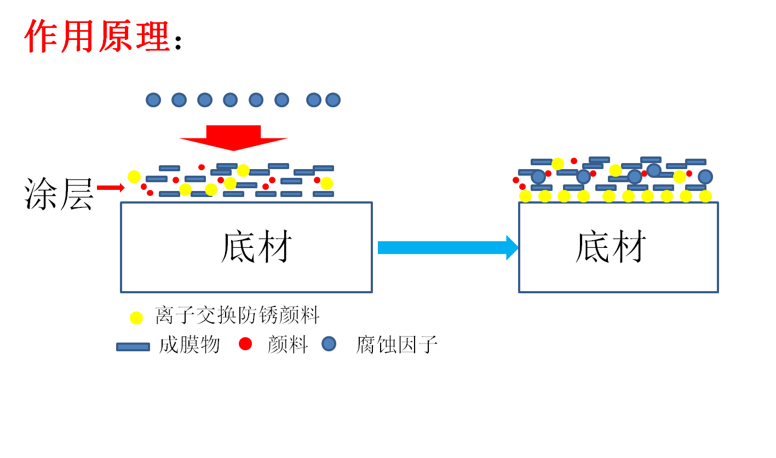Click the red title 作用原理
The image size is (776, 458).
[97, 36]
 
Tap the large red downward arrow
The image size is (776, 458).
[233, 137]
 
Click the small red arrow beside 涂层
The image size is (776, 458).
[111, 188]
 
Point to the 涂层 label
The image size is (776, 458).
[59, 195]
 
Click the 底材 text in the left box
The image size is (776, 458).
[256, 247]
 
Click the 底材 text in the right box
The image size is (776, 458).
[611, 247]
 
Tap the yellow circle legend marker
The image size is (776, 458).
[136, 317]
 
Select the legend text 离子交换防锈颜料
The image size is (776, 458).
[237, 316]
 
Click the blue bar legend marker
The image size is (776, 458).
[133, 347]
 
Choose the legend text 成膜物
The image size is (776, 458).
[189, 345]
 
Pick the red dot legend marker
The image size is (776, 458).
[245, 344]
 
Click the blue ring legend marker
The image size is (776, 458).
[329, 344]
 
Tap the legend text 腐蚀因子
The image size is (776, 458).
[396, 345]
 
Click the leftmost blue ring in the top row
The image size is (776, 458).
[153, 100]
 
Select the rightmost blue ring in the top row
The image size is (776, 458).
[333, 100]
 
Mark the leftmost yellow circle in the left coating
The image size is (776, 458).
[134, 177]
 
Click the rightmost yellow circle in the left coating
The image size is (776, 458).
[327, 183]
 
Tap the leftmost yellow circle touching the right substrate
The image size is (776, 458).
[526, 196]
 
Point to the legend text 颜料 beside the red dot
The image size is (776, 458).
[288, 345]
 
